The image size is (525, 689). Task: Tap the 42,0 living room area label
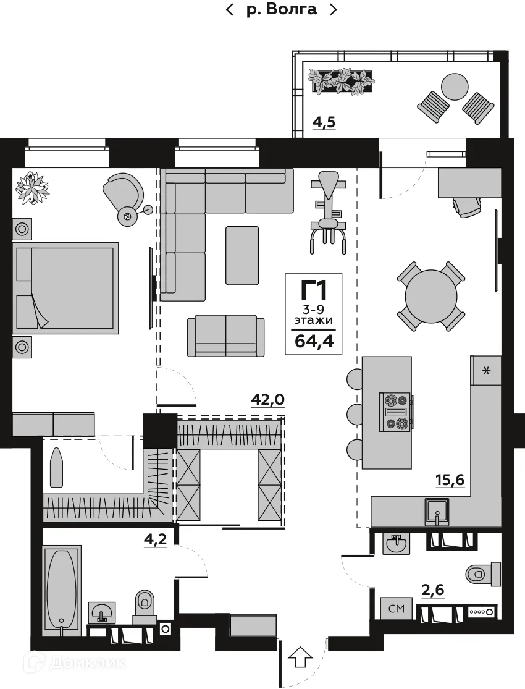point(267,400)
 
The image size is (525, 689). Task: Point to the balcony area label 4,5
point(324,122)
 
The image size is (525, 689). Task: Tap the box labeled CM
point(396,609)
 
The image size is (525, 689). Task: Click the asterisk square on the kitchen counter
point(487,371)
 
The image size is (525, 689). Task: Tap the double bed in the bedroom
point(65,288)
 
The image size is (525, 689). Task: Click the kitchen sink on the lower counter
point(437,511)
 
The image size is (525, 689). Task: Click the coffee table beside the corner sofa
point(242,255)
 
